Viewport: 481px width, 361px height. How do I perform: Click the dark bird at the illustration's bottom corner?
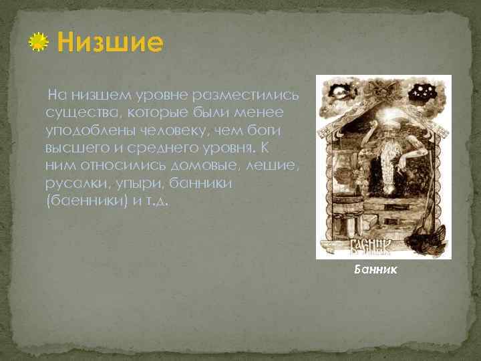tap(434, 237)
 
